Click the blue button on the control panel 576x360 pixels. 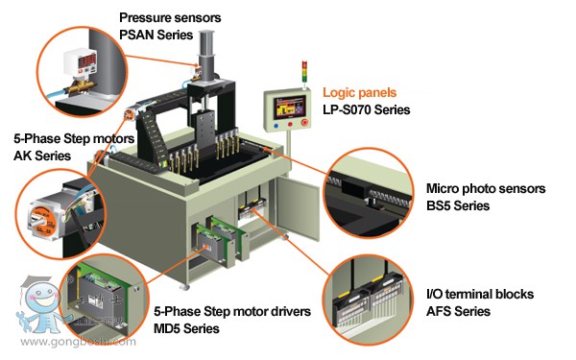276,126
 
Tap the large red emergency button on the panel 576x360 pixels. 304,122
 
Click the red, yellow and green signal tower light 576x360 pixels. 304,72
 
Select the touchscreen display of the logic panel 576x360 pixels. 289,107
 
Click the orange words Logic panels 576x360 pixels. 360,92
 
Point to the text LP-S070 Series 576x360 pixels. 367,109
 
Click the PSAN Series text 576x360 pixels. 156,35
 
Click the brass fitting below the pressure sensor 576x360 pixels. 80,86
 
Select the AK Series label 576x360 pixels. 42,156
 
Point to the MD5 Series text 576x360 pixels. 186,328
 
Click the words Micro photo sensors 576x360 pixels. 486,189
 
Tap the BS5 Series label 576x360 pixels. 458,205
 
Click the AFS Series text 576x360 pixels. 458,311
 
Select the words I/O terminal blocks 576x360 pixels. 480,295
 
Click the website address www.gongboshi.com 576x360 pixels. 79,342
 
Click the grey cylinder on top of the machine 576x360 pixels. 206,55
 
